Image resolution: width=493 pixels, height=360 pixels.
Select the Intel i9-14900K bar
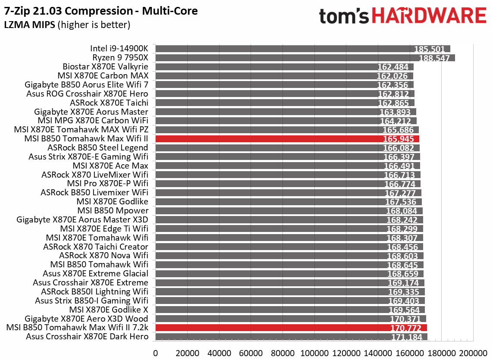(x=302, y=49)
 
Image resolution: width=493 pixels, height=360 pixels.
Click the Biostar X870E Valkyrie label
(x=105, y=67)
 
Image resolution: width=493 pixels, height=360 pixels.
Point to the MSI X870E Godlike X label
(x=109, y=310)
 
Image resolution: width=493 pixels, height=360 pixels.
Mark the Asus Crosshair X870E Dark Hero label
(x=87, y=337)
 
